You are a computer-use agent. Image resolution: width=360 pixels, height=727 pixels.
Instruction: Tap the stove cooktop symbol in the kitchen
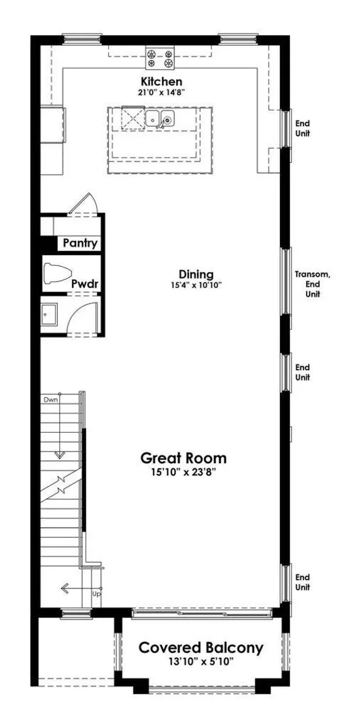(x=160, y=57)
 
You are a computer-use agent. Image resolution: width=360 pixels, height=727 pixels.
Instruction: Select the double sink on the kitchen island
(x=160, y=119)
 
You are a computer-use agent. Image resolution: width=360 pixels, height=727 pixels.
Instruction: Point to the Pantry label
(x=80, y=243)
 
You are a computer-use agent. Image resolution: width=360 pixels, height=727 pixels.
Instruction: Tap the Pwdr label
(x=85, y=284)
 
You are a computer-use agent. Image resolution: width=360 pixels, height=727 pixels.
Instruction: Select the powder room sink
(x=48, y=314)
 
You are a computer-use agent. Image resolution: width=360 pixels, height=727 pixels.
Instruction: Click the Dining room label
(x=196, y=274)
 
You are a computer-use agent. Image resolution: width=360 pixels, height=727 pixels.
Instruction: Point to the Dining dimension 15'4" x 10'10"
(x=196, y=285)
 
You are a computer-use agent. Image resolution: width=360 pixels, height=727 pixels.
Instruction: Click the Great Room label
(x=184, y=458)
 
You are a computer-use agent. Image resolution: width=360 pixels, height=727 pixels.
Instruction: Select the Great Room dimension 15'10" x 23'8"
(x=184, y=472)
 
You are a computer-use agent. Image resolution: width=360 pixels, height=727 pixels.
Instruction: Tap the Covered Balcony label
(x=201, y=648)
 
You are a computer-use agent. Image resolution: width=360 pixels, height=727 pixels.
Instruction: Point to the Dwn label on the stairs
(x=51, y=399)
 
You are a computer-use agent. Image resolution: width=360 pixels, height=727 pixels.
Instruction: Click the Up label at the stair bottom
(x=97, y=594)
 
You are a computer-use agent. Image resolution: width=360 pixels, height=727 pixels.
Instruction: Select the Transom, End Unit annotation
(x=313, y=284)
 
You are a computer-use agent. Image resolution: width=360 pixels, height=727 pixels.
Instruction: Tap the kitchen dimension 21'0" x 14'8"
(x=161, y=92)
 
